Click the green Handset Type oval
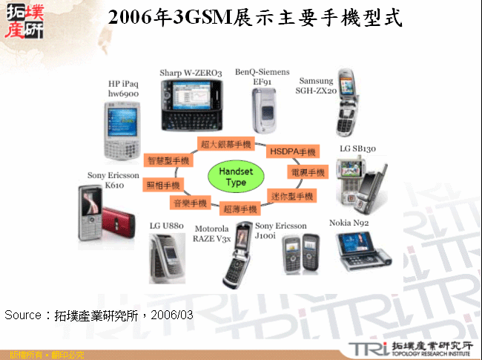click(236, 177)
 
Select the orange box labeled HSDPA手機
click(293, 151)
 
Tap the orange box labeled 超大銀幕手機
click(226, 143)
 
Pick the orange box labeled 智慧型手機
click(168, 160)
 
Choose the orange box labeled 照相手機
click(162, 185)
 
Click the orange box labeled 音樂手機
click(190, 203)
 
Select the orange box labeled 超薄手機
click(240, 209)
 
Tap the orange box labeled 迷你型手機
click(292, 196)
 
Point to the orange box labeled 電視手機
click(307, 172)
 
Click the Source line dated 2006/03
click(99, 315)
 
